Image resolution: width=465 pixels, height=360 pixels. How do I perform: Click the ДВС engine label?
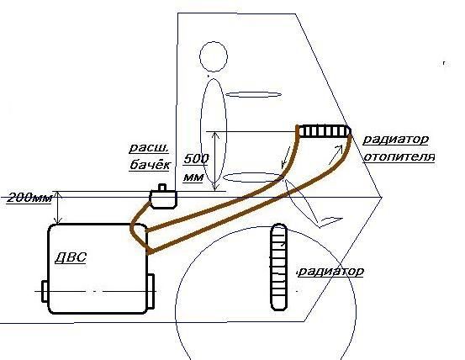(x=71, y=257)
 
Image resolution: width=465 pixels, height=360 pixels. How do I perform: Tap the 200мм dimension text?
(x=29, y=198)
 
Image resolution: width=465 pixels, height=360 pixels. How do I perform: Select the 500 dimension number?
(x=196, y=159)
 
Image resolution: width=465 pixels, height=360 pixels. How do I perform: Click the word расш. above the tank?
(x=149, y=148)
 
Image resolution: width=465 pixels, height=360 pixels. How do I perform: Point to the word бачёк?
(x=150, y=164)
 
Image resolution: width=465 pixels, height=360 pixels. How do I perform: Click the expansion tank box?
(x=163, y=199)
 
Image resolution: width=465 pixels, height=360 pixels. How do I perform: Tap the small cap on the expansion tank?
(x=162, y=188)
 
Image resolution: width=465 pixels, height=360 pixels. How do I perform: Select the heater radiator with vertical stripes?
(x=324, y=131)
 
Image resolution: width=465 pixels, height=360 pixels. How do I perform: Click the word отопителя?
(x=399, y=156)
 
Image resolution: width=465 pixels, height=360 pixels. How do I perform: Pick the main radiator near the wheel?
(x=278, y=267)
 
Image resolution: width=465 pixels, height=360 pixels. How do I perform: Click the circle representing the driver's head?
(x=214, y=56)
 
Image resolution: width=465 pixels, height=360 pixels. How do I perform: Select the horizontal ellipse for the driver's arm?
(x=254, y=95)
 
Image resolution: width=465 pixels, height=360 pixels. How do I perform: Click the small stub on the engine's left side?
(x=45, y=291)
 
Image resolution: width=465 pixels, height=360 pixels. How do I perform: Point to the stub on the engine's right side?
(x=151, y=292)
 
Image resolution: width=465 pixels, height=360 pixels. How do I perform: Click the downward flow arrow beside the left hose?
(x=286, y=160)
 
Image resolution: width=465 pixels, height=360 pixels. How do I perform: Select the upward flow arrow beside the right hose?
(x=336, y=155)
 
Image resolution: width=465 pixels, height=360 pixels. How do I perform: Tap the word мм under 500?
(x=193, y=177)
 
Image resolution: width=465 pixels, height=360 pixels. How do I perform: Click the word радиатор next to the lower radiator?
(x=330, y=272)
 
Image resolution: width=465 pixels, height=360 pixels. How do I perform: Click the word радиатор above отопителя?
(x=396, y=140)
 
